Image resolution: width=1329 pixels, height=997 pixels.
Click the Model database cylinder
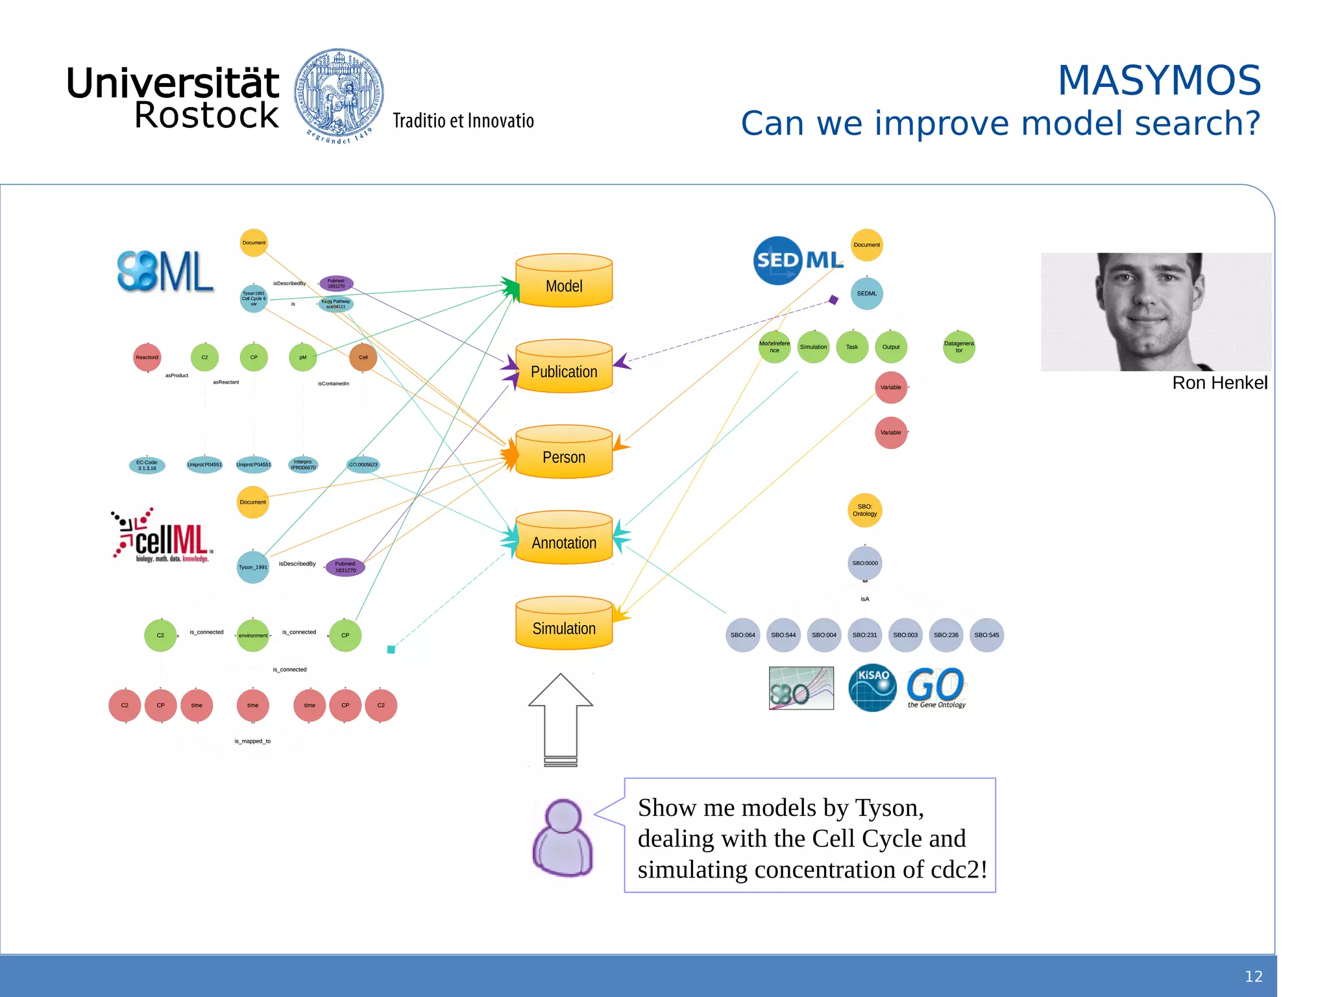point(563,282)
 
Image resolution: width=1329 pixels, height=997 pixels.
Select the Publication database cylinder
point(563,367)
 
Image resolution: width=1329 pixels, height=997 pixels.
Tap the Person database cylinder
point(563,453)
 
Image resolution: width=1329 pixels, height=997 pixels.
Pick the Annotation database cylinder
point(563,539)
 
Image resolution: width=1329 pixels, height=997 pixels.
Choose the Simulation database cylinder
point(563,624)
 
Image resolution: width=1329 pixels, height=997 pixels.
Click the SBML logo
point(165,271)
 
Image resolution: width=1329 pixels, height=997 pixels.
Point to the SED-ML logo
point(798,260)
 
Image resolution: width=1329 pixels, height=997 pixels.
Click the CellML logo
point(163,536)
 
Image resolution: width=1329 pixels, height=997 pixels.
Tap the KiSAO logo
point(872,687)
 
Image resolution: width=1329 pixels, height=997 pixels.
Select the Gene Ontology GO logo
point(936,687)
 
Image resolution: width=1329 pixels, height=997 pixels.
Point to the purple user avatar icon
point(562,838)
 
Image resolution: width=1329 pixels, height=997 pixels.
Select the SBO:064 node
point(742,635)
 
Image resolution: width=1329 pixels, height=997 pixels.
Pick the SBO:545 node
point(986,635)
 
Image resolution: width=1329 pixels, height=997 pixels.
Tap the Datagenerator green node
point(958,347)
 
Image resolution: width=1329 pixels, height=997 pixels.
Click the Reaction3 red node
point(147,357)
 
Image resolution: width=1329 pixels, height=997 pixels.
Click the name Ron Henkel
point(1219,383)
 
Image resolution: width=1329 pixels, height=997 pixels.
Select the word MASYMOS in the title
point(1159,80)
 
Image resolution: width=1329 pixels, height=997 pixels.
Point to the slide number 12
point(1253,976)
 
